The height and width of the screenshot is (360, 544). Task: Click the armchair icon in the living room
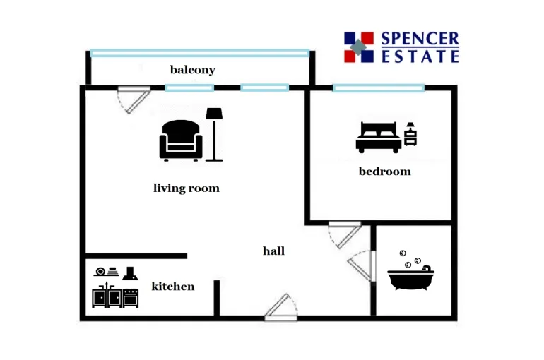pyautogui.click(x=181, y=140)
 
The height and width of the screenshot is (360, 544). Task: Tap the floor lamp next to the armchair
pyautogui.click(x=214, y=134)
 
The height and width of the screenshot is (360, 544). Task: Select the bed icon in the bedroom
pyautogui.click(x=378, y=137)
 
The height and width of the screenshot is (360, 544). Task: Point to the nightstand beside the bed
pyautogui.click(x=410, y=133)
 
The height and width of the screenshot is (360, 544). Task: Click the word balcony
pyautogui.click(x=192, y=70)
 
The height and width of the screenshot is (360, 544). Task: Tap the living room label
pyautogui.click(x=187, y=188)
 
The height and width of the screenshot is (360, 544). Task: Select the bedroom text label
pyautogui.click(x=384, y=172)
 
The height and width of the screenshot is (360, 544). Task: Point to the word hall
pyautogui.click(x=273, y=251)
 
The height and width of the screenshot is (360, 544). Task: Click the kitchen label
pyautogui.click(x=173, y=286)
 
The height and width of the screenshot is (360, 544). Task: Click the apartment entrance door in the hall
pyautogui.click(x=280, y=308)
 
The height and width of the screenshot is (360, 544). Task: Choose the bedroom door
pyautogui.click(x=345, y=234)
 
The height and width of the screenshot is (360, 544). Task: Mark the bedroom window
pyautogui.click(x=378, y=88)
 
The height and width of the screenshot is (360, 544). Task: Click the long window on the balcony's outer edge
pyautogui.click(x=199, y=52)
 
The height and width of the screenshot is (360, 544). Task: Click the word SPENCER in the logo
pyautogui.click(x=420, y=40)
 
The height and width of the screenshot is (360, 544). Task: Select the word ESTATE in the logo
pyautogui.click(x=420, y=56)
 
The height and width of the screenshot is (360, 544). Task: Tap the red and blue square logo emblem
pyautogui.click(x=358, y=47)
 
